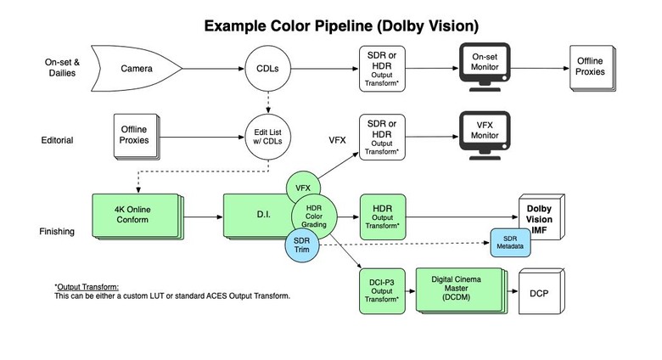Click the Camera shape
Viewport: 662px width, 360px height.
(x=136, y=69)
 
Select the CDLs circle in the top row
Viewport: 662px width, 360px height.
(x=267, y=69)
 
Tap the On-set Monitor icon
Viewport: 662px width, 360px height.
(x=485, y=67)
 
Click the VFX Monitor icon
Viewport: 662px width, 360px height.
(x=485, y=135)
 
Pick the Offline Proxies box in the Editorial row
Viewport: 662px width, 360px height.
(x=137, y=137)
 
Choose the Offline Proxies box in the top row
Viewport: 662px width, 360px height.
(x=592, y=69)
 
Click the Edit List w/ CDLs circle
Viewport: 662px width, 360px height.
(x=267, y=137)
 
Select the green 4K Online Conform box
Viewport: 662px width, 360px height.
(x=137, y=217)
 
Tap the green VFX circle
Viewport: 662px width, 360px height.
(x=303, y=188)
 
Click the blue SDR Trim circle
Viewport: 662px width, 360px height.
(x=301, y=245)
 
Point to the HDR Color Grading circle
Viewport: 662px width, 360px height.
(x=314, y=217)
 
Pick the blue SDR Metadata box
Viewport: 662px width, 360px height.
(x=510, y=243)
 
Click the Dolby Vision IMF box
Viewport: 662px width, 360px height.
(x=541, y=217)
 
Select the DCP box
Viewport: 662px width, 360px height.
(x=541, y=290)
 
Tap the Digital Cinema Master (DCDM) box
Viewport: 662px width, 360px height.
(x=462, y=290)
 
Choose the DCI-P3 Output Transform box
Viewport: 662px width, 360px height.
(x=382, y=291)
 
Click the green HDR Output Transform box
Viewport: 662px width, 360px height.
(x=383, y=217)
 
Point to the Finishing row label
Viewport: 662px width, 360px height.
(x=57, y=232)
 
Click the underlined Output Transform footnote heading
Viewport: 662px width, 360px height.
(x=87, y=287)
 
